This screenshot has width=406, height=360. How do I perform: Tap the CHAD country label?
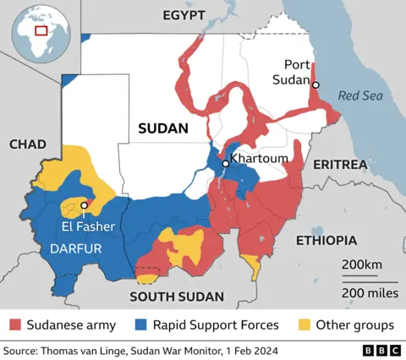27,145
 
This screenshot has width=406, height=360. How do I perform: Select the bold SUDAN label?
162,128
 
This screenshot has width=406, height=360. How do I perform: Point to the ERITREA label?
338,163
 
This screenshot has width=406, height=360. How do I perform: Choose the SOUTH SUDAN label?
176,297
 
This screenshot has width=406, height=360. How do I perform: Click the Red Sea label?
360,95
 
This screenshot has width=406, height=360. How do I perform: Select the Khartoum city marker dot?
225,165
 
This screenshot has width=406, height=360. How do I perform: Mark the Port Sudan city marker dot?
315,85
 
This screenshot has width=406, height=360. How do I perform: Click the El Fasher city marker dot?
84,205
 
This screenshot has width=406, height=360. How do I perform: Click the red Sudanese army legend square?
15,325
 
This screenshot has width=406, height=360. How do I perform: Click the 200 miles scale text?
369,292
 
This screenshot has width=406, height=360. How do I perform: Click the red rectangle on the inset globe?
41,30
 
